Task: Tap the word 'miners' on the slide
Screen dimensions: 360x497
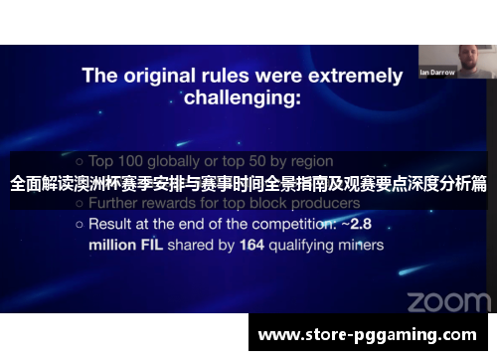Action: (x=359, y=244)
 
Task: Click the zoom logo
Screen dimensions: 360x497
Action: (x=448, y=300)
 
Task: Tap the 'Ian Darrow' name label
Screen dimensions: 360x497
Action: (x=437, y=72)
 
